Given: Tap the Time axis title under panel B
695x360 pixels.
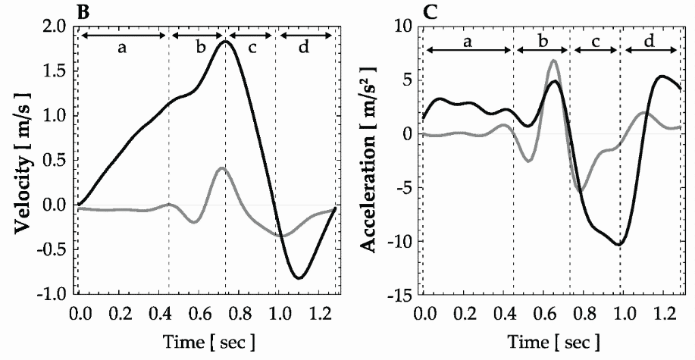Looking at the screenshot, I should [207, 341].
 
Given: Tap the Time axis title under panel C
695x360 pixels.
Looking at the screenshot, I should [551, 341].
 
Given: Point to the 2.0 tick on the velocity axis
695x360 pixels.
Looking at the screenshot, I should [56, 27].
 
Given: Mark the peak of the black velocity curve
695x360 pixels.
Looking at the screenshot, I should [225, 42].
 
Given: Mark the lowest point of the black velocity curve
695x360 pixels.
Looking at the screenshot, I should [299, 278].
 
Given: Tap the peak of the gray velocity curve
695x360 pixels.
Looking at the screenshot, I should [220, 168].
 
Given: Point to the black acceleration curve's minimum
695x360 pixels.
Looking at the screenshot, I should [620, 244].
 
